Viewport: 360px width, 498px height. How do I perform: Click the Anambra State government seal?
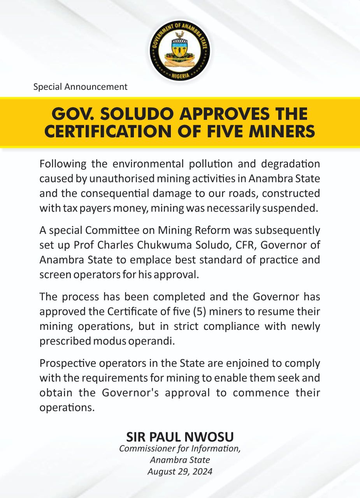(180, 51)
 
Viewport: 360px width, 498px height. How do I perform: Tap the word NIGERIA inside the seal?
(180, 75)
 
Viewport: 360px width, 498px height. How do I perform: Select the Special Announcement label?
(80, 87)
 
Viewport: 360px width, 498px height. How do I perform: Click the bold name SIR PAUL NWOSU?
(180, 437)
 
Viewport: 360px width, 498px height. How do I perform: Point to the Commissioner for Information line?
(180, 449)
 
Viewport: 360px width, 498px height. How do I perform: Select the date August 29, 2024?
(180, 472)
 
